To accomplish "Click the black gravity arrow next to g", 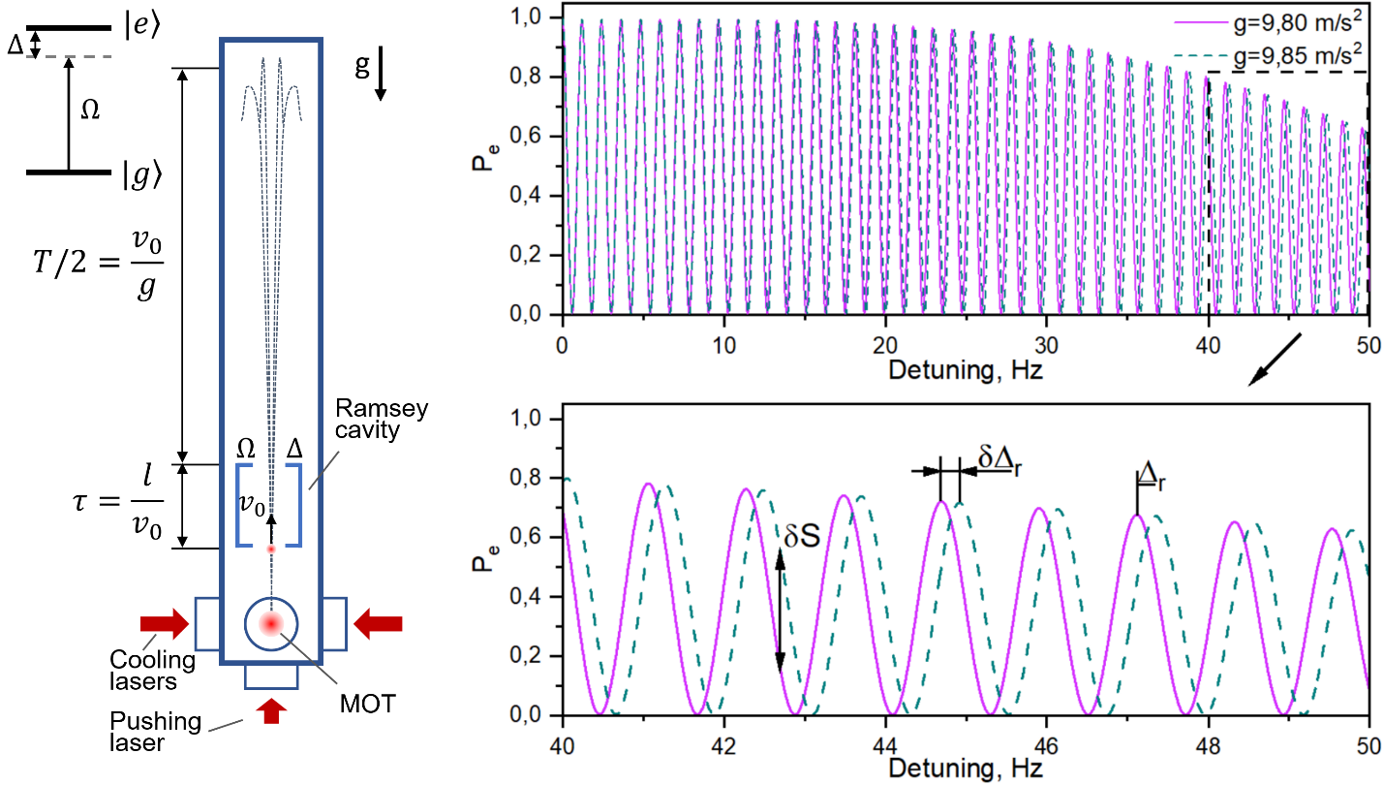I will [381, 78].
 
